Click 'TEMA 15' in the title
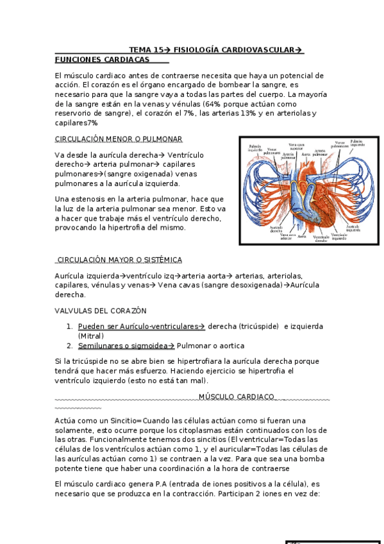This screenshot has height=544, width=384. (x=146, y=49)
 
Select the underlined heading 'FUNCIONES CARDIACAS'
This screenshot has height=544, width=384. (x=102, y=60)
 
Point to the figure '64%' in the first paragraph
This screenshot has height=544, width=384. (x=213, y=103)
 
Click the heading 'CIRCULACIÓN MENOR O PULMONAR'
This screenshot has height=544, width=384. (x=119, y=139)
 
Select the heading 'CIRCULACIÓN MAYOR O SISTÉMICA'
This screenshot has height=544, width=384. (x=119, y=260)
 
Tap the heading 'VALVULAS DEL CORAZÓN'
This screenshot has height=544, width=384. (x=101, y=310)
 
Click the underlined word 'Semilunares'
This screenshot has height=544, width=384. (x=98, y=346)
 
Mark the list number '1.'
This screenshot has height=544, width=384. (x=69, y=327)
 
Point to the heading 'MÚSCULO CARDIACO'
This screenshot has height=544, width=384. (x=236, y=396)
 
